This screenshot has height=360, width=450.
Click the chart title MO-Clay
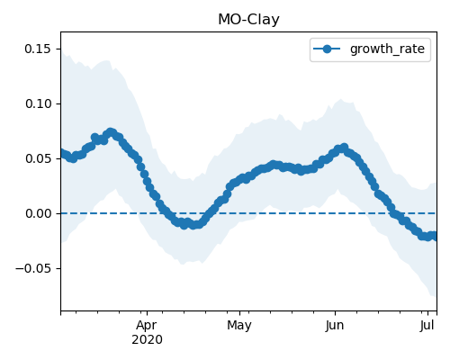pyautogui.click(x=248, y=20)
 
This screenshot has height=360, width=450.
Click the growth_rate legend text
pyautogui.click(x=387, y=49)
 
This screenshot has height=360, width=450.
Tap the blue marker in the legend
pyautogui.click(x=327, y=49)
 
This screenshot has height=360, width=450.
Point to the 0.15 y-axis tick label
pyautogui.click(x=38, y=49)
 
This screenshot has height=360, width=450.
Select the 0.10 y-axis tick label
pyautogui.click(x=38, y=103)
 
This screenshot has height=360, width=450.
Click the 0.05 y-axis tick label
pyautogui.click(x=38, y=158)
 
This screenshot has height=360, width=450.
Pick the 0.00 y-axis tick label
pyautogui.click(x=38, y=213)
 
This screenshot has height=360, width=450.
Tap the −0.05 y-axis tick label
pyautogui.click(x=33, y=268)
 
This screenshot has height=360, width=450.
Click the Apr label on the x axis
pyautogui.click(x=147, y=326)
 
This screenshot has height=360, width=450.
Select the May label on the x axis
pyautogui.click(x=239, y=326)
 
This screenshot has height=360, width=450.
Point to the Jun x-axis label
pyautogui.click(x=335, y=326)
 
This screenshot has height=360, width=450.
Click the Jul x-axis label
pyautogui.click(x=427, y=326)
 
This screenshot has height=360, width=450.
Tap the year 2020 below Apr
pyautogui.click(x=147, y=339)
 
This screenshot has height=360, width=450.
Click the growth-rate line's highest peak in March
pyautogui.click(x=111, y=132)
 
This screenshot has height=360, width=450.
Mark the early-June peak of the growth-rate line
pyautogui.click(x=344, y=148)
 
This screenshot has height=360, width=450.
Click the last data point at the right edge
pyautogui.click(x=436, y=237)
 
